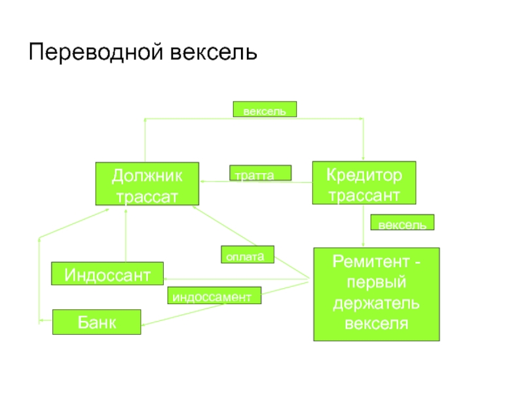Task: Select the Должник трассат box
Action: pos(147,184)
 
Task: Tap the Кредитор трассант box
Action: pos(363,183)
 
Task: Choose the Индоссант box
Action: pos(107,273)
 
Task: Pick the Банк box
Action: pos(96,322)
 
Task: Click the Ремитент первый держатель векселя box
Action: pos(376,294)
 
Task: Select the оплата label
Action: pos(248,255)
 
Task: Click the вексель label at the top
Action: pos(265,109)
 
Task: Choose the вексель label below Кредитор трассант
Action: pos(402,223)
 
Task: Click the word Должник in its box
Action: pos(147,176)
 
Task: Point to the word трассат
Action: pos(147,195)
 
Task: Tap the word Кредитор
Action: pos(363,175)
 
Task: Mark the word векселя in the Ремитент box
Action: pos(376,324)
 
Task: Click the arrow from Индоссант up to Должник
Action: pos(124,236)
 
